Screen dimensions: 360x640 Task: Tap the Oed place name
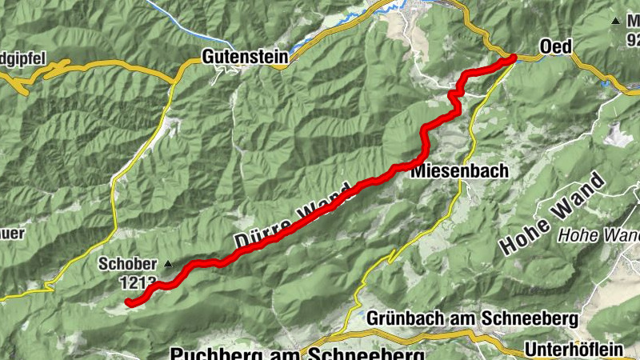tap(555, 47)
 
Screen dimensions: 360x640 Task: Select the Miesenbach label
tap(449, 172)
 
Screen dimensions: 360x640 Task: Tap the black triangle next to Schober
tap(168, 263)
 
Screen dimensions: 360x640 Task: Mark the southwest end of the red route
tap(129, 302)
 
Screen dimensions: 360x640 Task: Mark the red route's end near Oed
tap(512, 58)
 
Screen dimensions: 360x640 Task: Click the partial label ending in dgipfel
tap(24, 58)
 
